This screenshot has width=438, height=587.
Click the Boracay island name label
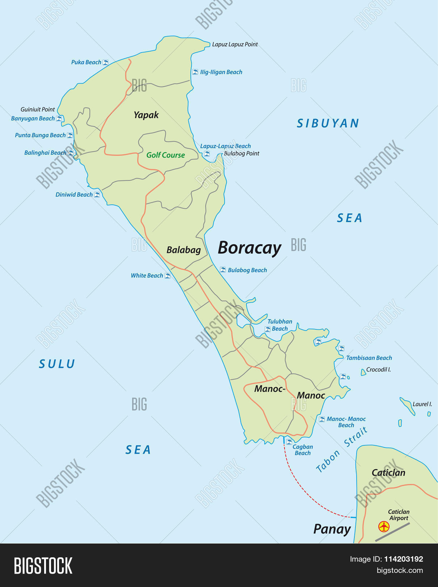click(x=249, y=248)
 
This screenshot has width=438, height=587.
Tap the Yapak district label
click(x=146, y=115)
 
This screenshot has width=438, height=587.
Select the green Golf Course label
click(x=165, y=155)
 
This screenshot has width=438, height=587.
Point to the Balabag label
click(x=184, y=250)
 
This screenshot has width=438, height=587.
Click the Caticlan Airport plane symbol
click(x=384, y=526)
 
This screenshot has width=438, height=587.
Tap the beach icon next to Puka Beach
click(x=105, y=62)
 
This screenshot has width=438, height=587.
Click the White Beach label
click(x=147, y=276)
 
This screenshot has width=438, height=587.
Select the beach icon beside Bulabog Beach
click(x=223, y=270)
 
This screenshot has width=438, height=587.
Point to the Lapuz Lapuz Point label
click(x=235, y=44)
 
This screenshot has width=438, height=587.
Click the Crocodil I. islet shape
click(x=363, y=372)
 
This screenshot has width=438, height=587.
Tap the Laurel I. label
click(x=422, y=404)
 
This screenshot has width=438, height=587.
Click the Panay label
click(x=332, y=529)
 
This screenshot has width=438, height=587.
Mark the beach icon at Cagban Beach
click(x=289, y=442)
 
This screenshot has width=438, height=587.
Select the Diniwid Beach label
click(x=74, y=195)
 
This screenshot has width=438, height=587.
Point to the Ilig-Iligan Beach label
click(x=221, y=72)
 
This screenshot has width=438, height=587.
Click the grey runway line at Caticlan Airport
click(x=392, y=532)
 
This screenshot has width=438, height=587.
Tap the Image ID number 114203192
click(x=403, y=559)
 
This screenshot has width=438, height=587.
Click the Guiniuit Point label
click(x=38, y=109)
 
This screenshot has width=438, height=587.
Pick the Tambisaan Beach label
click(x=369, y=358)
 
